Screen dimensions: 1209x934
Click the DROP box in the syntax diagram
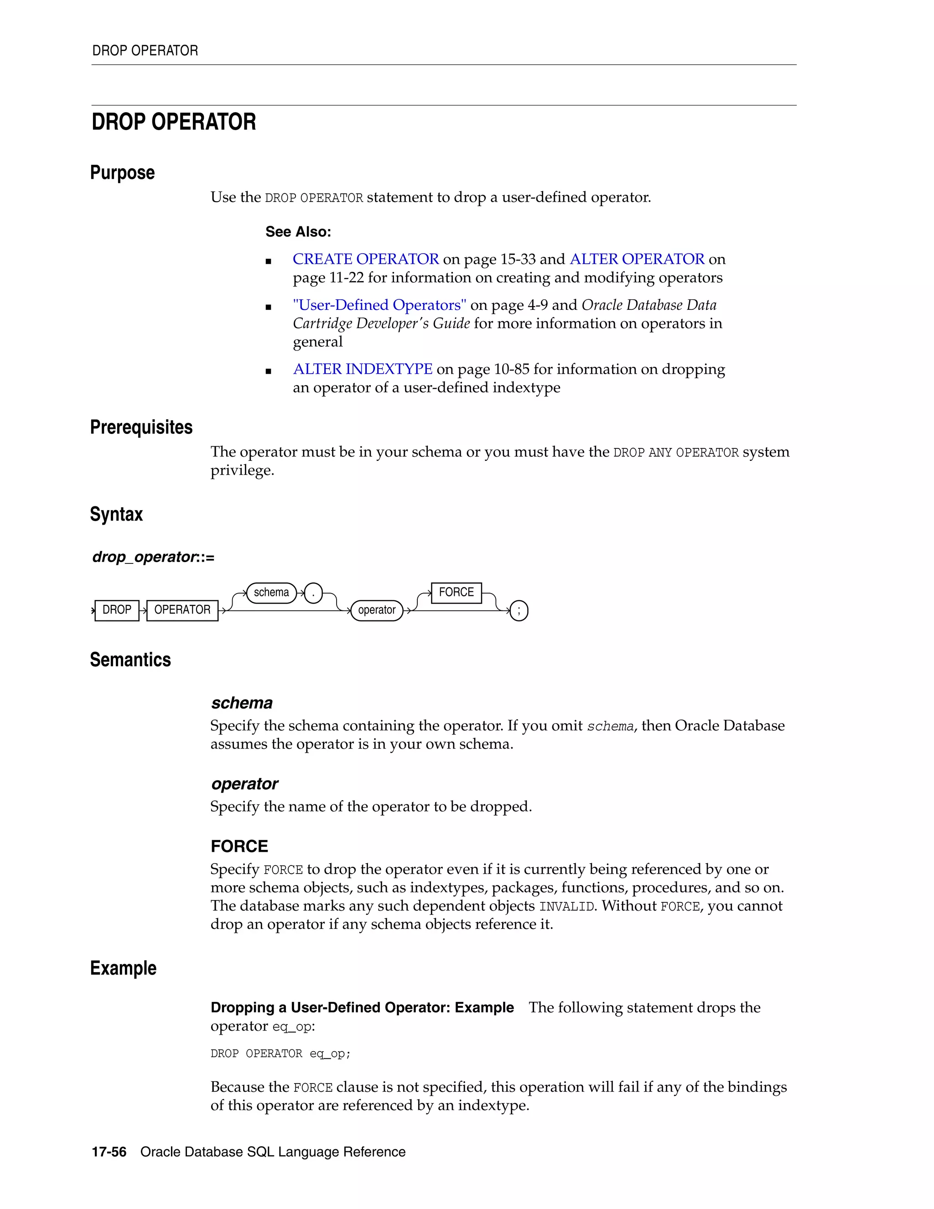point(117,610)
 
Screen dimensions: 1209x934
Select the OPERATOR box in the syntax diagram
point(182,610)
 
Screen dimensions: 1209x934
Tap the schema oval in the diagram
point(271,592)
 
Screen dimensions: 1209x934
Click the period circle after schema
point(313,593)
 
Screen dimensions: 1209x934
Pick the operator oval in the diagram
point(377,610)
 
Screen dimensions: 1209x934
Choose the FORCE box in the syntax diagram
point(456,592)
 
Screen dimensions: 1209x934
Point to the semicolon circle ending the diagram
point(519,611)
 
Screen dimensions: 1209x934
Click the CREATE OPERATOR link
point(365,259)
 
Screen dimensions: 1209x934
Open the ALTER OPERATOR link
point(637,259)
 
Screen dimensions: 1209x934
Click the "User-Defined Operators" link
point(379,305)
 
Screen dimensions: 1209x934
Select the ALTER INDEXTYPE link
point(363,369)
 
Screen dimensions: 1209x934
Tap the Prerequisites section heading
point(141,427)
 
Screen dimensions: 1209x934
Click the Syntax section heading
point(116,514)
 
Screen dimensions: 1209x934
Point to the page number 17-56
point(109,1152)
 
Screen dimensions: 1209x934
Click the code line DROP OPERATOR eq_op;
point(280,1053)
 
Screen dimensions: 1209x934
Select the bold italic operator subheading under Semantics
point(244,784)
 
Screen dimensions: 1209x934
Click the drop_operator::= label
point(153,557)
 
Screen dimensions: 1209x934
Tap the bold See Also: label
point(298,232)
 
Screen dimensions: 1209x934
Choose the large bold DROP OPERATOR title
point(174,122)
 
